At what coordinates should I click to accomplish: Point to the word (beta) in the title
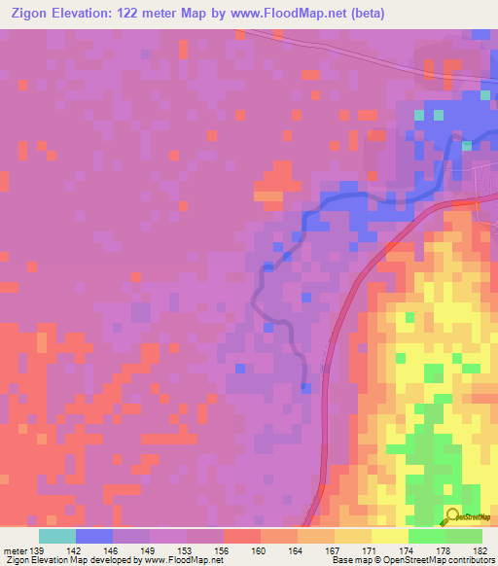point(368,14)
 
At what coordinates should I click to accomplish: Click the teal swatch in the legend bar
point(56,537)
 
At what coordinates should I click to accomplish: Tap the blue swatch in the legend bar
point(93,537)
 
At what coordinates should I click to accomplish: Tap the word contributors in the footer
point(466,560)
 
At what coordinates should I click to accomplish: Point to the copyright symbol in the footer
point(371,560)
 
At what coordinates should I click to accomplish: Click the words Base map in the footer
point(345,560)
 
